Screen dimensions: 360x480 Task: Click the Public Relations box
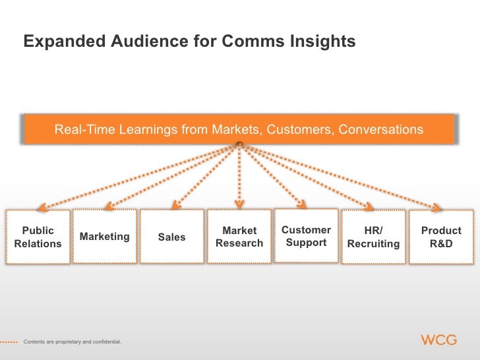click(38, 237)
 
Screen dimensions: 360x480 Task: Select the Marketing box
click(104, 236)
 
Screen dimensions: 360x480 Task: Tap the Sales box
click(172, 237)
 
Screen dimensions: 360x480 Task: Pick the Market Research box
click(239, 237)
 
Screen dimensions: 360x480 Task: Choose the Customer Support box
click(306, 236)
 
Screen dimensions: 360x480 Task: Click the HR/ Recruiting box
click(373, 237)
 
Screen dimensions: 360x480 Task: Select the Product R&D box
click(441, 237)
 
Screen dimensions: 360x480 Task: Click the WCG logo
click(438, 340)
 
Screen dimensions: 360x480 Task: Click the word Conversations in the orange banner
click(381, 129)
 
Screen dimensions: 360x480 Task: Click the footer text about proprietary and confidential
click(73, 341)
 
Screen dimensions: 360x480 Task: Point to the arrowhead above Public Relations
click(40, 206)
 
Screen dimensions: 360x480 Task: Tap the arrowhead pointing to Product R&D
click(437, 208)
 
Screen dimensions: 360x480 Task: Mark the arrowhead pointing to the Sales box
click(174, 204)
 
